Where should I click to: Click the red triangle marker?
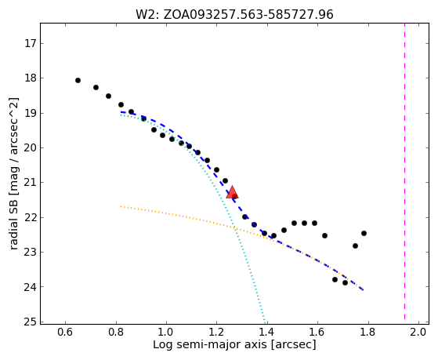232,192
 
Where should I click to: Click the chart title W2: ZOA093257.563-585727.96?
234,15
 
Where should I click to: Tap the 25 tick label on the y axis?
31,322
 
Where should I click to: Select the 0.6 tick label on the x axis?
65,332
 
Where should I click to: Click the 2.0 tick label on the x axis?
418,332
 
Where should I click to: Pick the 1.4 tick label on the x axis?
267,332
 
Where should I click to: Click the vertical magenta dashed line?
404,171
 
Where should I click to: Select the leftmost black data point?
78,80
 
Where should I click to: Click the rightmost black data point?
364,233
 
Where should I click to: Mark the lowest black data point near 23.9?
345,283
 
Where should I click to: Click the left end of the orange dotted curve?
121,206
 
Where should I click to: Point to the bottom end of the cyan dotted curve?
265,321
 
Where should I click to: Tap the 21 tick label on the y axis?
31,183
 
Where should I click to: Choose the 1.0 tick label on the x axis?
166,332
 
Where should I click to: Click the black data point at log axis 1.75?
355,245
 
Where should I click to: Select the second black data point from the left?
96,87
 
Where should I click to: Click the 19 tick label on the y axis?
31,113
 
